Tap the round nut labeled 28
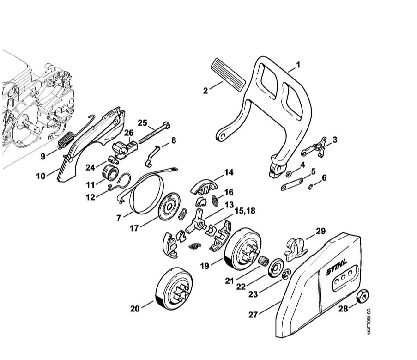[x=365, y=296]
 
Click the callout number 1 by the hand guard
[x=298, y=65]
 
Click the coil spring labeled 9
[x=66, y=140]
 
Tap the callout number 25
[x=143, y=123]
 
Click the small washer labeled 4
[x=288, y=174]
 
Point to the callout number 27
[x=253, y=315]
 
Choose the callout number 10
[x=41, y=176]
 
